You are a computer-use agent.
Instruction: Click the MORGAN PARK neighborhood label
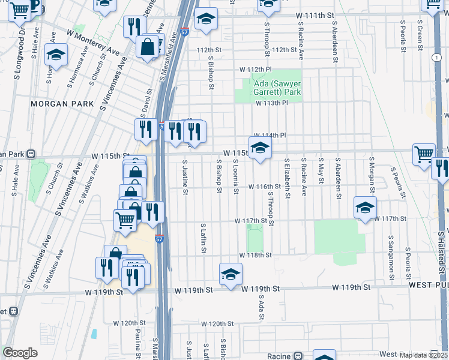point(62,104)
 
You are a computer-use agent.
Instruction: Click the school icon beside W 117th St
point(365,208)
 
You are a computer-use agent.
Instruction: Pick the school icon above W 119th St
point(231,274)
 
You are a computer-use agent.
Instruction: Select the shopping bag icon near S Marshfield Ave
point(147,46)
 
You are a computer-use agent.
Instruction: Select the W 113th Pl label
point(271,103)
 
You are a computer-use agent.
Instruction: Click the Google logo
point(20,353)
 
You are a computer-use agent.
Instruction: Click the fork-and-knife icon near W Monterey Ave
point(134,26)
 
